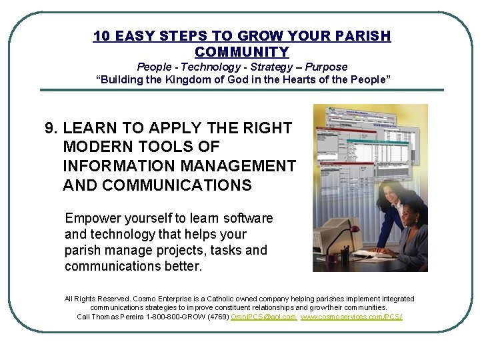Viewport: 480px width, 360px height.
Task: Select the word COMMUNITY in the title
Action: (x=241, y=51)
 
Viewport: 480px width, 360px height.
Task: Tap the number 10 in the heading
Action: (x=101, y=35)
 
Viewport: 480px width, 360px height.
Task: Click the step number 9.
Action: (x=49, y=128)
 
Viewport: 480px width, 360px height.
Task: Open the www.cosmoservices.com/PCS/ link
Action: (x=351, y=317)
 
